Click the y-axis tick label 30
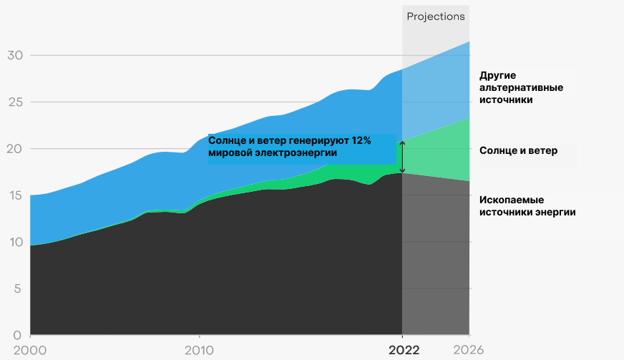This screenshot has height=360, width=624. [x=15, y=55]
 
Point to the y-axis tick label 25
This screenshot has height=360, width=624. [x=15, y=102]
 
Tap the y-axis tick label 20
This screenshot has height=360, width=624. [x=15, y=149]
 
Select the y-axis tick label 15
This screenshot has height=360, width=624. [x=14, y=195]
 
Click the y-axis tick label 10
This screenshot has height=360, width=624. [x=14, y=242]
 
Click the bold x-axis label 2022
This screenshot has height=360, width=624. [x=403, y=350]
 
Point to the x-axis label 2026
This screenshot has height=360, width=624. [x=469, y=350]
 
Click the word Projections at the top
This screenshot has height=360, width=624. [x=436, y=16]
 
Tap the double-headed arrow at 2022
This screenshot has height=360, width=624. [x=402, y=157]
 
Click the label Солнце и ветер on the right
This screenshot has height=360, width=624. [x=518, y=150]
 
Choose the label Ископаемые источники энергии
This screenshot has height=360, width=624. [x=527, y=205]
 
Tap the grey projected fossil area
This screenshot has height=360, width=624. [x=437, y=258]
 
